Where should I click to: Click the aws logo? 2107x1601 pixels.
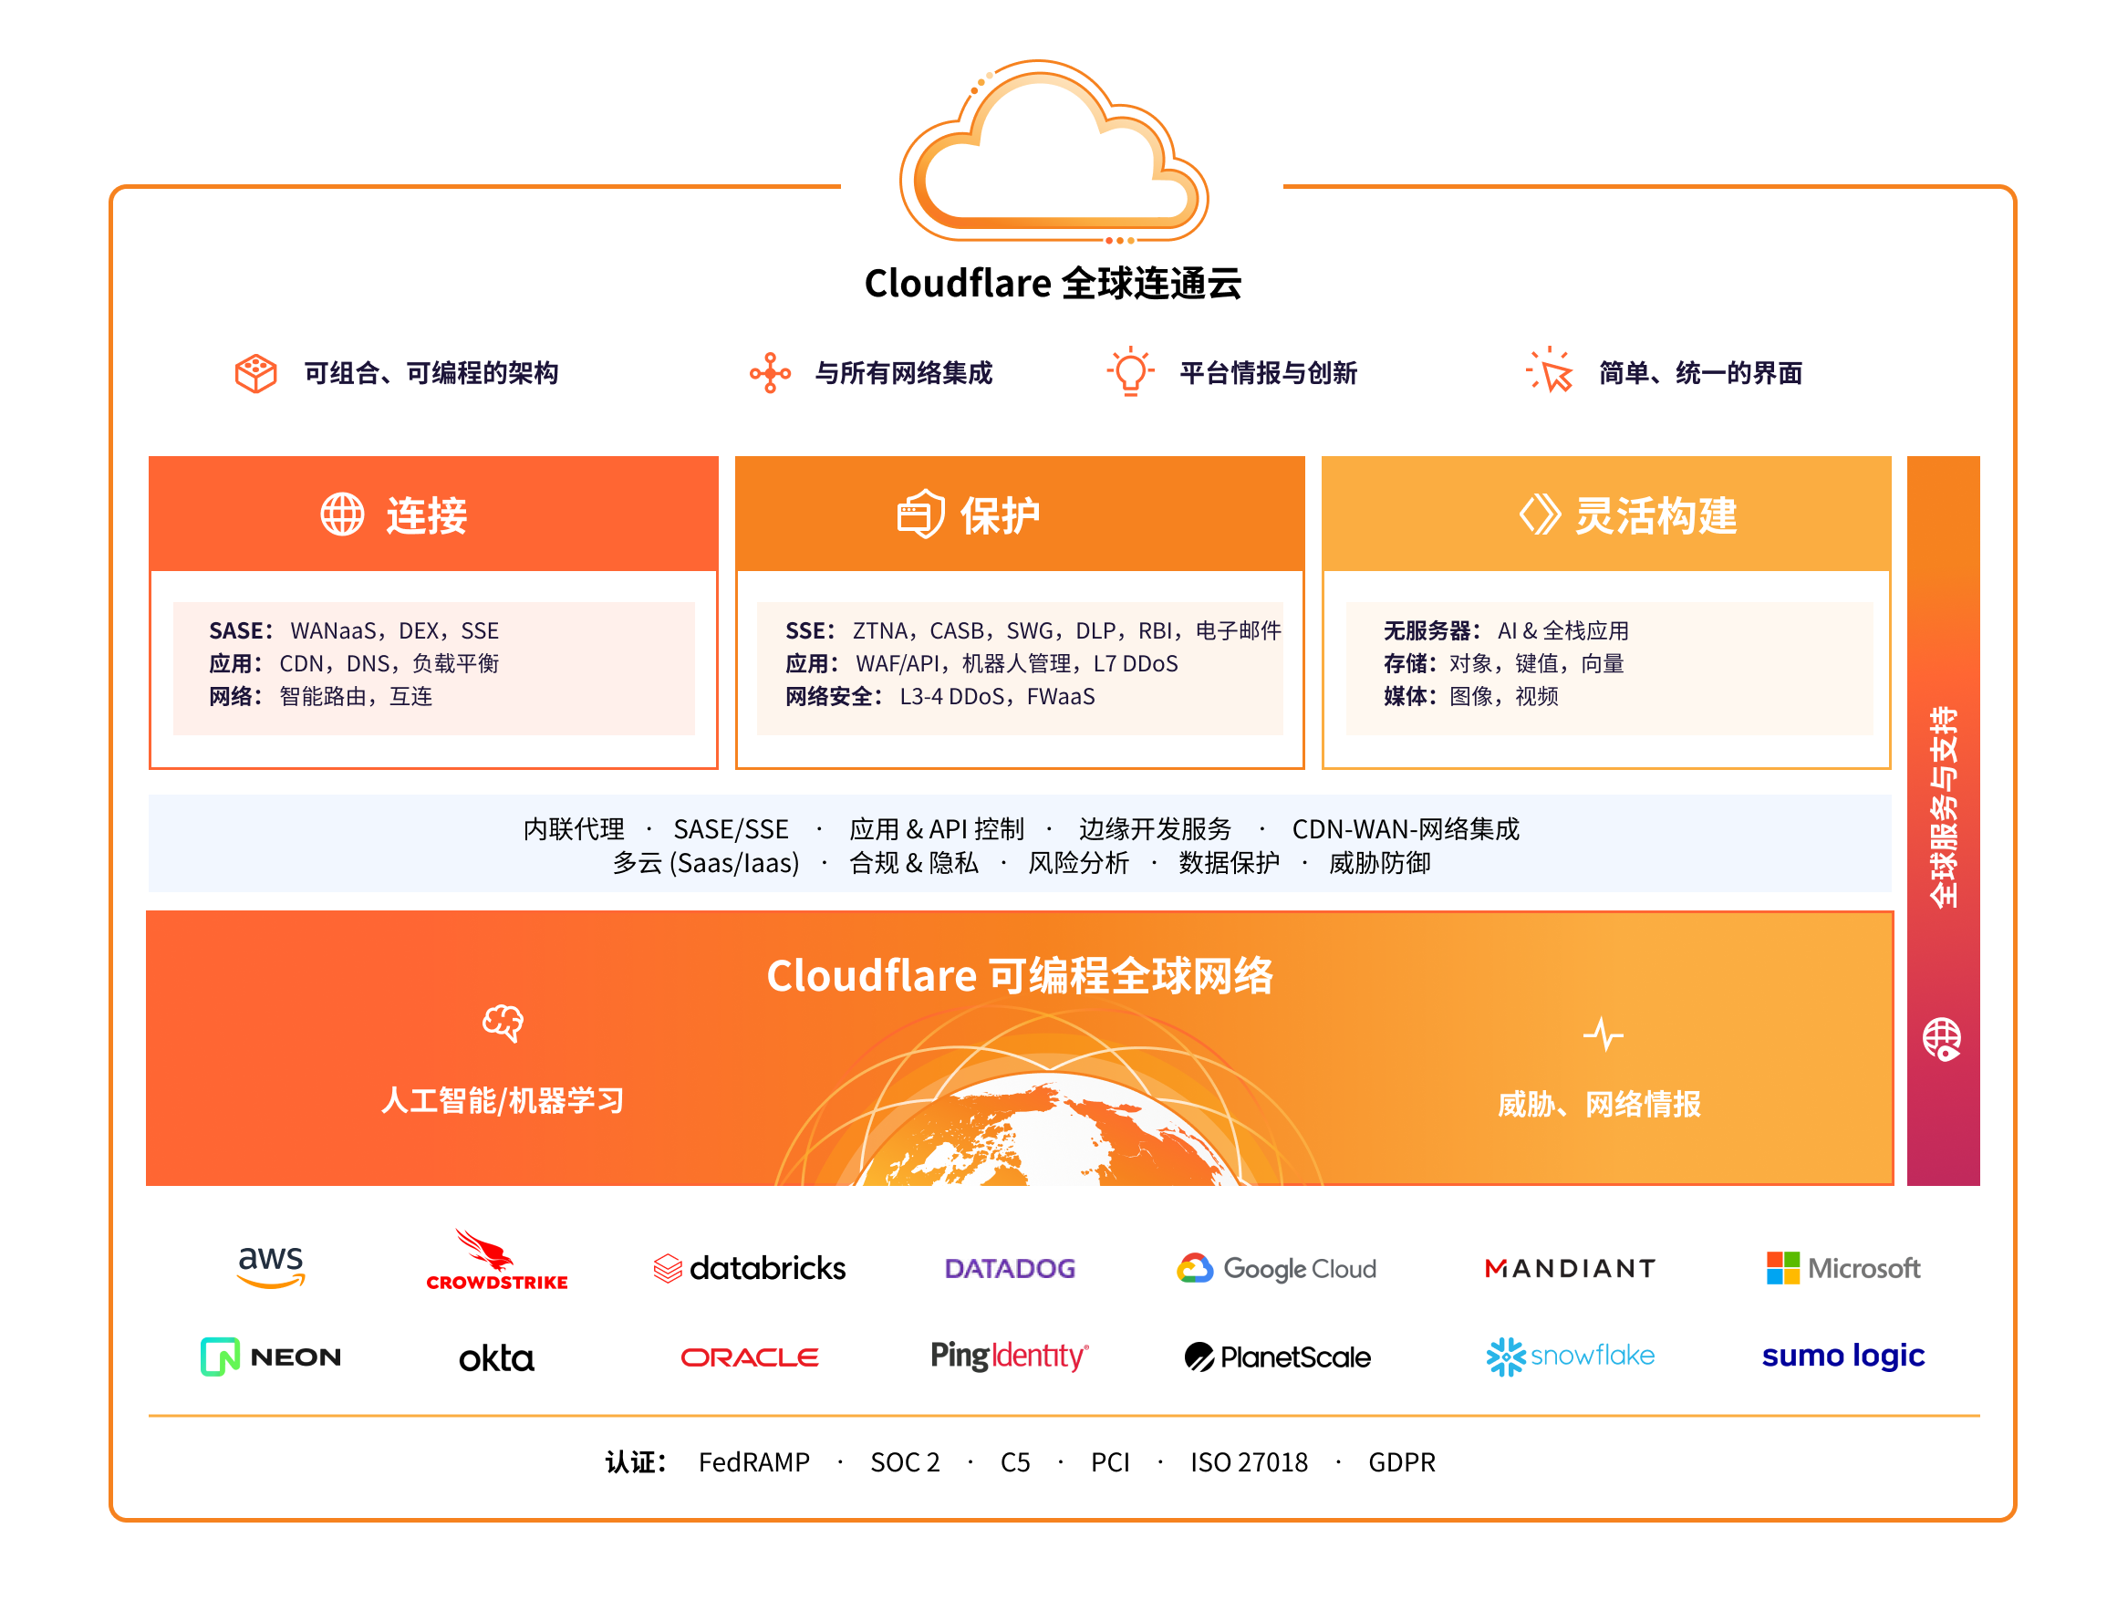pos(271,1266)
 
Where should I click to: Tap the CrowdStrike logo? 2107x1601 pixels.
pos(496,1262)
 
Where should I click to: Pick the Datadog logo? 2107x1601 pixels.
pos(1009,1268)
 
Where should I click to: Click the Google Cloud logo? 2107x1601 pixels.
pos(1276,1268)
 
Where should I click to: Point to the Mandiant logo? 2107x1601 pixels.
pos(1570,1268)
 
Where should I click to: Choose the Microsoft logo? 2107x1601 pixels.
pos(1843,1268)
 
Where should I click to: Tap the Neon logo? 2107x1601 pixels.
pos(271,1357)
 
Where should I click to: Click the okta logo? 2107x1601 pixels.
pos(496,1357)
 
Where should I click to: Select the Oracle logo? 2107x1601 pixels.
pos(749,1357)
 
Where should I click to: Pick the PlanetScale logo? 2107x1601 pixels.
pos(1276,1357)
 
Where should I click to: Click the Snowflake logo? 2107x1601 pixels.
pos(1570,1357)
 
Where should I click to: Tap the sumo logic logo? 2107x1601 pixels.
pos(1842,1355)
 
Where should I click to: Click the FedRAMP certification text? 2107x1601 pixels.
pos(753,1461)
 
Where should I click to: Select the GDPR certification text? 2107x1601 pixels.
pos(1401,1461)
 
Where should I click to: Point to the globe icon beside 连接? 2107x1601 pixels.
pos(342,515)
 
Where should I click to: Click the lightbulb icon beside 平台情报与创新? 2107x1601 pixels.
pos(1130,370)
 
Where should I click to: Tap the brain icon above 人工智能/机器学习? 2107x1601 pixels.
pos(503,1023)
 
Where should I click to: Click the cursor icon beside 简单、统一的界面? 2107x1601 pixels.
pos(1551,370)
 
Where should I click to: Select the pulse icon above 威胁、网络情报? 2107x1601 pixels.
pos(1603,1034)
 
